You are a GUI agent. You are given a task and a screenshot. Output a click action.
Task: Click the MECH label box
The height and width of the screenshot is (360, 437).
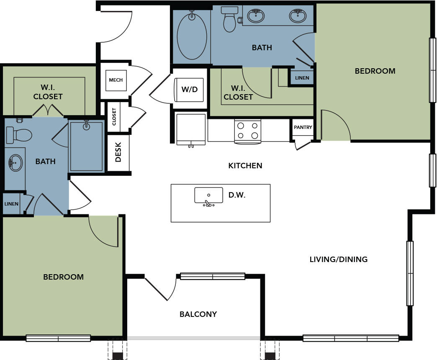[116, 80]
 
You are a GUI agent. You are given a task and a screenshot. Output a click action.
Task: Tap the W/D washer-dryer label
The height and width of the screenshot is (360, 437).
[190, 90]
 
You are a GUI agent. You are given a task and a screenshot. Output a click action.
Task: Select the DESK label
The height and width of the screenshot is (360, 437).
[118, 152]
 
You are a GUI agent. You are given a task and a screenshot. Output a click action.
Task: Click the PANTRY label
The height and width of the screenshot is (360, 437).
[303, 127]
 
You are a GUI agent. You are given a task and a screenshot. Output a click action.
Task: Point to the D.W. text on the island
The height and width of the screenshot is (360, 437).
[237, 195]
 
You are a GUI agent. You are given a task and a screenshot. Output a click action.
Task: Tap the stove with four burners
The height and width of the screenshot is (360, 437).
[248, 131]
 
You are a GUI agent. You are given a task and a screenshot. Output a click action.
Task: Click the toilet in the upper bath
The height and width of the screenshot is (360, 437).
[230, 19]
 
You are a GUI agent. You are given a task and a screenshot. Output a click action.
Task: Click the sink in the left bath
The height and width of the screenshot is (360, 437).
[15, 163]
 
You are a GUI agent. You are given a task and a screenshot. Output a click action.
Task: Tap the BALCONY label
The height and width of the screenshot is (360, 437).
[198, 314]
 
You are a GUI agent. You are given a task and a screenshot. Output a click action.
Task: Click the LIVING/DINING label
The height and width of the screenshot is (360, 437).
[339, 260]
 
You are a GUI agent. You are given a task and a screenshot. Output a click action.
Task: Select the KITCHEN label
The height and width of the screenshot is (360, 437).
[245, 166]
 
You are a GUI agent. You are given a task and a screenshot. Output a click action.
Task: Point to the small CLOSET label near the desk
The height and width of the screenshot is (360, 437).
[114, 117]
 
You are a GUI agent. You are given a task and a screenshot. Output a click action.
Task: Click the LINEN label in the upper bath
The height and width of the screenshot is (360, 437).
[302, 78]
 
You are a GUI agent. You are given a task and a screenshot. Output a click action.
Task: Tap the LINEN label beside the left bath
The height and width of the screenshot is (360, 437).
[11, 204]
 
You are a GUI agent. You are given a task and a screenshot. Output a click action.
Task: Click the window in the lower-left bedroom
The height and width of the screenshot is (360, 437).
[58, 338]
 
